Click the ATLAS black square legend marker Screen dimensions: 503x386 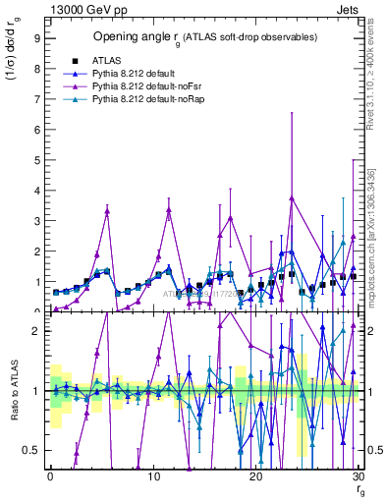[76, 61]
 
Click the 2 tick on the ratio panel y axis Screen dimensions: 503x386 [35, 331]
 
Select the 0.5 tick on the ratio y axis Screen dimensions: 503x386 [31, 450]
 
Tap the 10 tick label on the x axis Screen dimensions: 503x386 [152, 475]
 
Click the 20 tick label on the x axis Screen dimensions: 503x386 [255, 475]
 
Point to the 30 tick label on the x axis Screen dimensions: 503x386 [358, 475]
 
